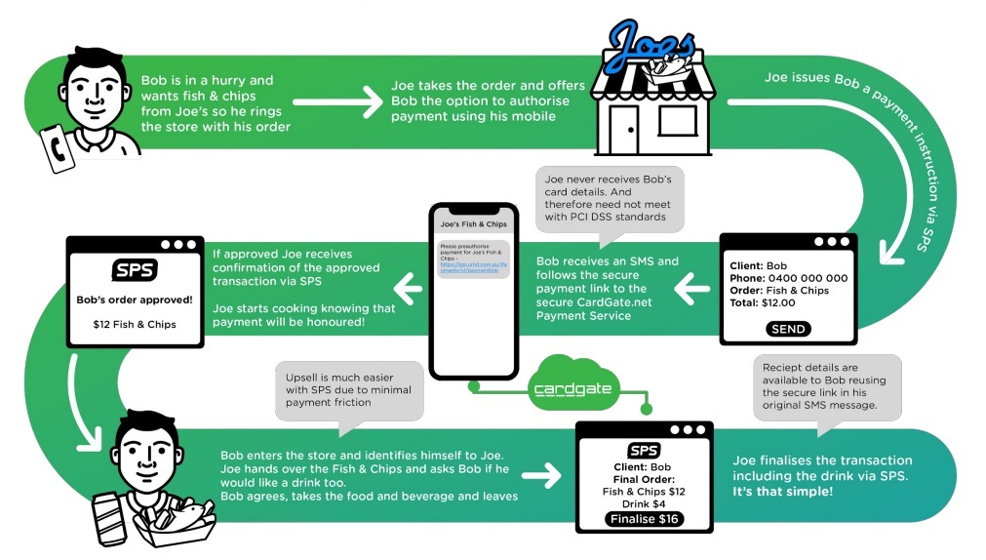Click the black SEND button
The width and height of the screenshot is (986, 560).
tap(788, 329)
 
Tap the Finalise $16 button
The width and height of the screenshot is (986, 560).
tap(643, 519)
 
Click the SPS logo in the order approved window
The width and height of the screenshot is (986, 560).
tap(135, 270)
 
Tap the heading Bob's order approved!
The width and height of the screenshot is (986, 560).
tap(134, 300)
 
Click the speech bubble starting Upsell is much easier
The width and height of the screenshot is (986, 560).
tap(337, 391)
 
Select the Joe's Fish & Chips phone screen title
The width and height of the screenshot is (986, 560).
tap(472, 224)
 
